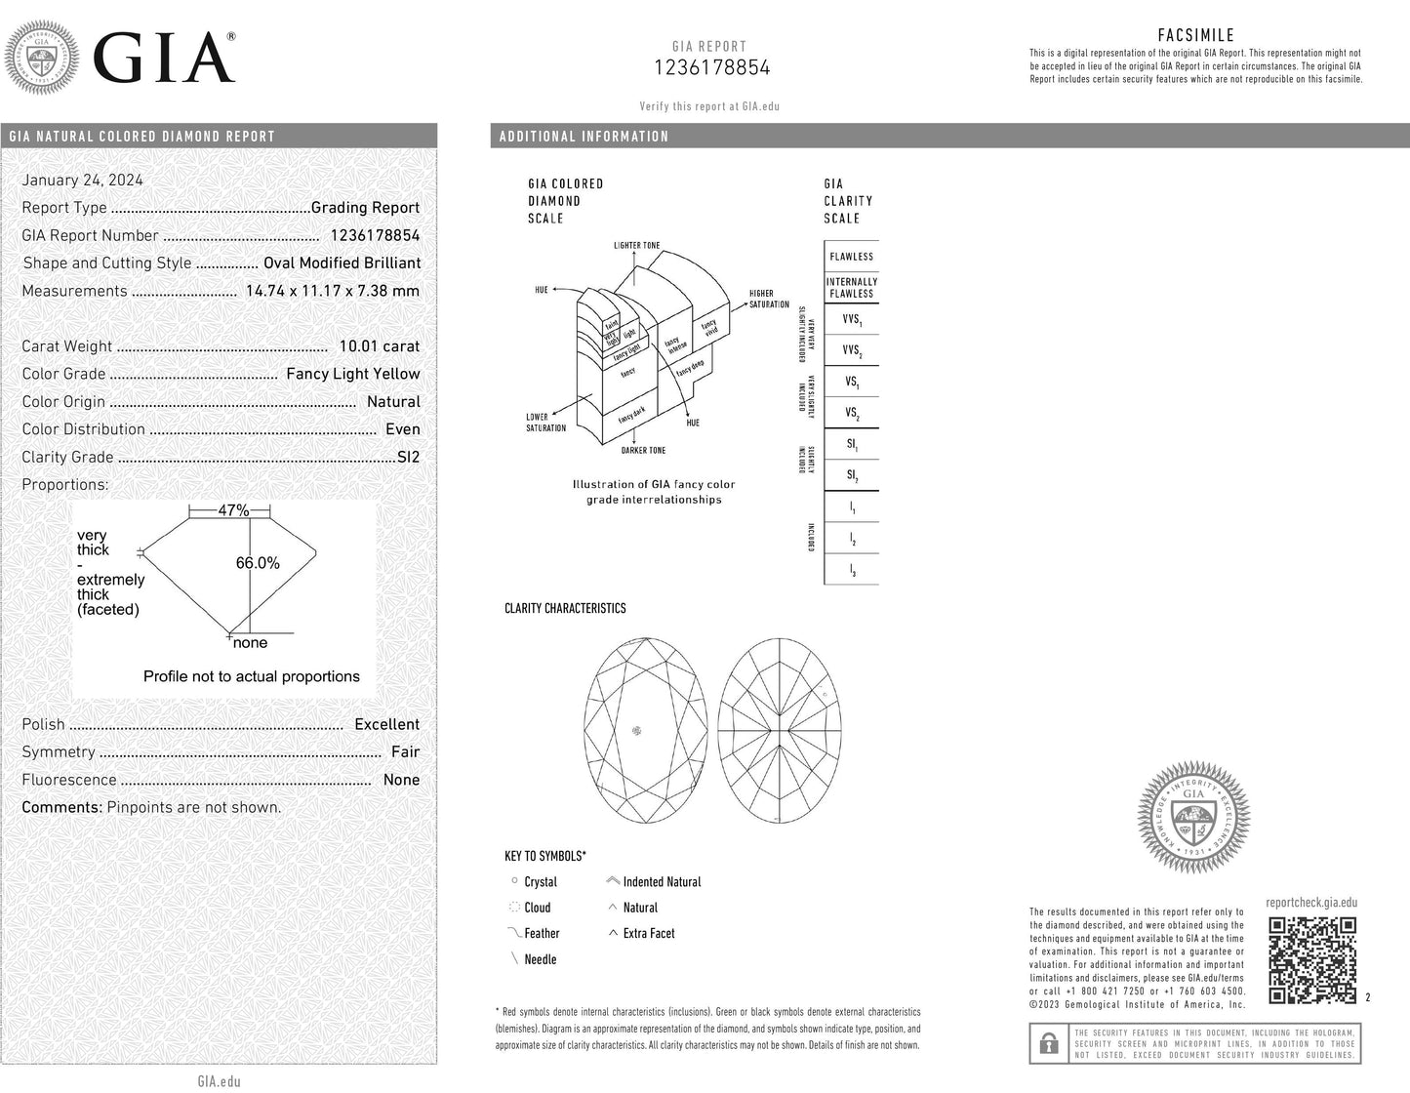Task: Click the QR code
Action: point(1311,960)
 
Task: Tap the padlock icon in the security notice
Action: point(1049,1043)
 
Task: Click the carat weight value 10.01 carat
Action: point(379,346)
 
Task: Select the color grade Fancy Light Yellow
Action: point(352,374)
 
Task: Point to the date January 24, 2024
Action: point(83,180)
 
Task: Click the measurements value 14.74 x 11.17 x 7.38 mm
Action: point(333,291)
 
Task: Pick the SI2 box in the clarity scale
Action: point(852,476)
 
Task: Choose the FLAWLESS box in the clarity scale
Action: point(852,257)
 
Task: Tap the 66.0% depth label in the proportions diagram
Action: point(258,563)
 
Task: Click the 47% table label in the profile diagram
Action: point(232,510)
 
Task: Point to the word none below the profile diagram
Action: point(250,643)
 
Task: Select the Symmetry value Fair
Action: point(405,752)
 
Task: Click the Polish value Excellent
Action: point(386,724)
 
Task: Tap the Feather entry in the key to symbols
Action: point(542,934)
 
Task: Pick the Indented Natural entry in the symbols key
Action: point(662,882)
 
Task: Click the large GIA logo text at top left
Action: point(164,58)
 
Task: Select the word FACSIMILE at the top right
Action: point(1195,36)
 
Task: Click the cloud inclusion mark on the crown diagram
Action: point(638,730)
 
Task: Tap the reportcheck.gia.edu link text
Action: point(1310,903)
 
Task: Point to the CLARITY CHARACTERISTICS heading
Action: point(565,608)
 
